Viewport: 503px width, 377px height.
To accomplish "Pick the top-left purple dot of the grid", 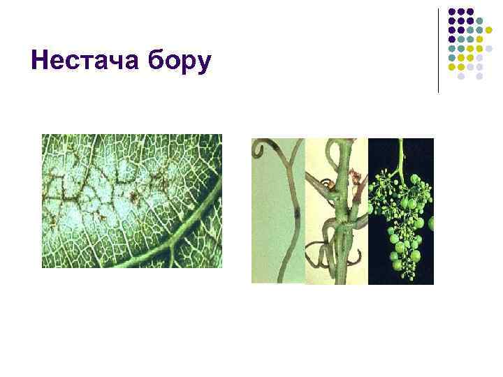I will [452, 12].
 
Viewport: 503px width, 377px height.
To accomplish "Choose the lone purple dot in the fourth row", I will [452, 40].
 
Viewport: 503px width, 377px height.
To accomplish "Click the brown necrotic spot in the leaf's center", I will [133, 188].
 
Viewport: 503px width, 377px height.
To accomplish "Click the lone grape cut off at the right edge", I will [430, 223].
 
